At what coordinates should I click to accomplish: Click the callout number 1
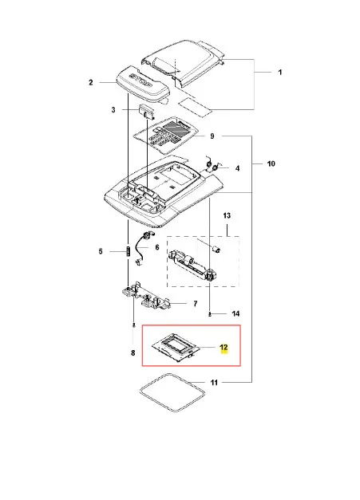pyautogui.click(x=280, y=73)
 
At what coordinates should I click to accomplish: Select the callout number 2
pyautogui.click(x=91, y=83)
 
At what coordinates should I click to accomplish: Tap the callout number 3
pyautogui.click(x=113, y=110)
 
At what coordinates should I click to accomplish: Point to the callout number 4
pyautogui.click(x=237, y=168)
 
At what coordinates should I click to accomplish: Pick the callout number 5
pyautogui.click(x=101, y=251)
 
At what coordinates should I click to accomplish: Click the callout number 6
pyautogui.click(x=157, y=247)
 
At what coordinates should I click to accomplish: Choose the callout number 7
pyautogui.click(x=196, y=304)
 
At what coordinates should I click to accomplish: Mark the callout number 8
pyautogui.click(x=133, y=353)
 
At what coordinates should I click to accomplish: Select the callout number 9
pyautogui.click(x=212, y=136)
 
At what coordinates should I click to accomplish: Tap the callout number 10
pyautogui.click(x=271, y=163)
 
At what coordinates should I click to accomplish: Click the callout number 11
pyautogui.click(x=214, y=382)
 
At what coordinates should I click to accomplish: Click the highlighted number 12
pyautogui.click(x=224, y=347)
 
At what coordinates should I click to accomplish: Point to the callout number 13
pyautogui.click(x=227, y=215)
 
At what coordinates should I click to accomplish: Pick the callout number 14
pyautogui.click(x=235, y=313)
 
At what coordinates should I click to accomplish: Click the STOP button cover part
pyautogui.click(x=142, y=84)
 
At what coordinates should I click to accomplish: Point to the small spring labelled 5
pyautogui.click(x=128, y=251)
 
